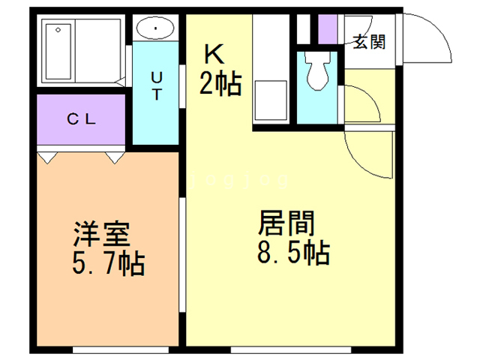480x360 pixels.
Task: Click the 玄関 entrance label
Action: [x=369, y=42]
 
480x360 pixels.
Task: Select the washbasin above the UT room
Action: [x=155, y=29]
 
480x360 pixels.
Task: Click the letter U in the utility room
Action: [x=157, y=77]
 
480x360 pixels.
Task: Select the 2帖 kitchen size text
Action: [x=220, y=84]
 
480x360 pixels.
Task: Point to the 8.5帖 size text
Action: [x=293, y=253]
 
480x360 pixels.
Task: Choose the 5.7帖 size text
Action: [x=109, y=263]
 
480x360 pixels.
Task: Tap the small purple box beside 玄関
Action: [x=327, y=29]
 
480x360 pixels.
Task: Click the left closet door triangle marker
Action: [x=47, y=158]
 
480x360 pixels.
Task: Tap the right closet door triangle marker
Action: [x=115, y=158]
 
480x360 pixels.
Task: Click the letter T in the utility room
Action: [x=157, y=96]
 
